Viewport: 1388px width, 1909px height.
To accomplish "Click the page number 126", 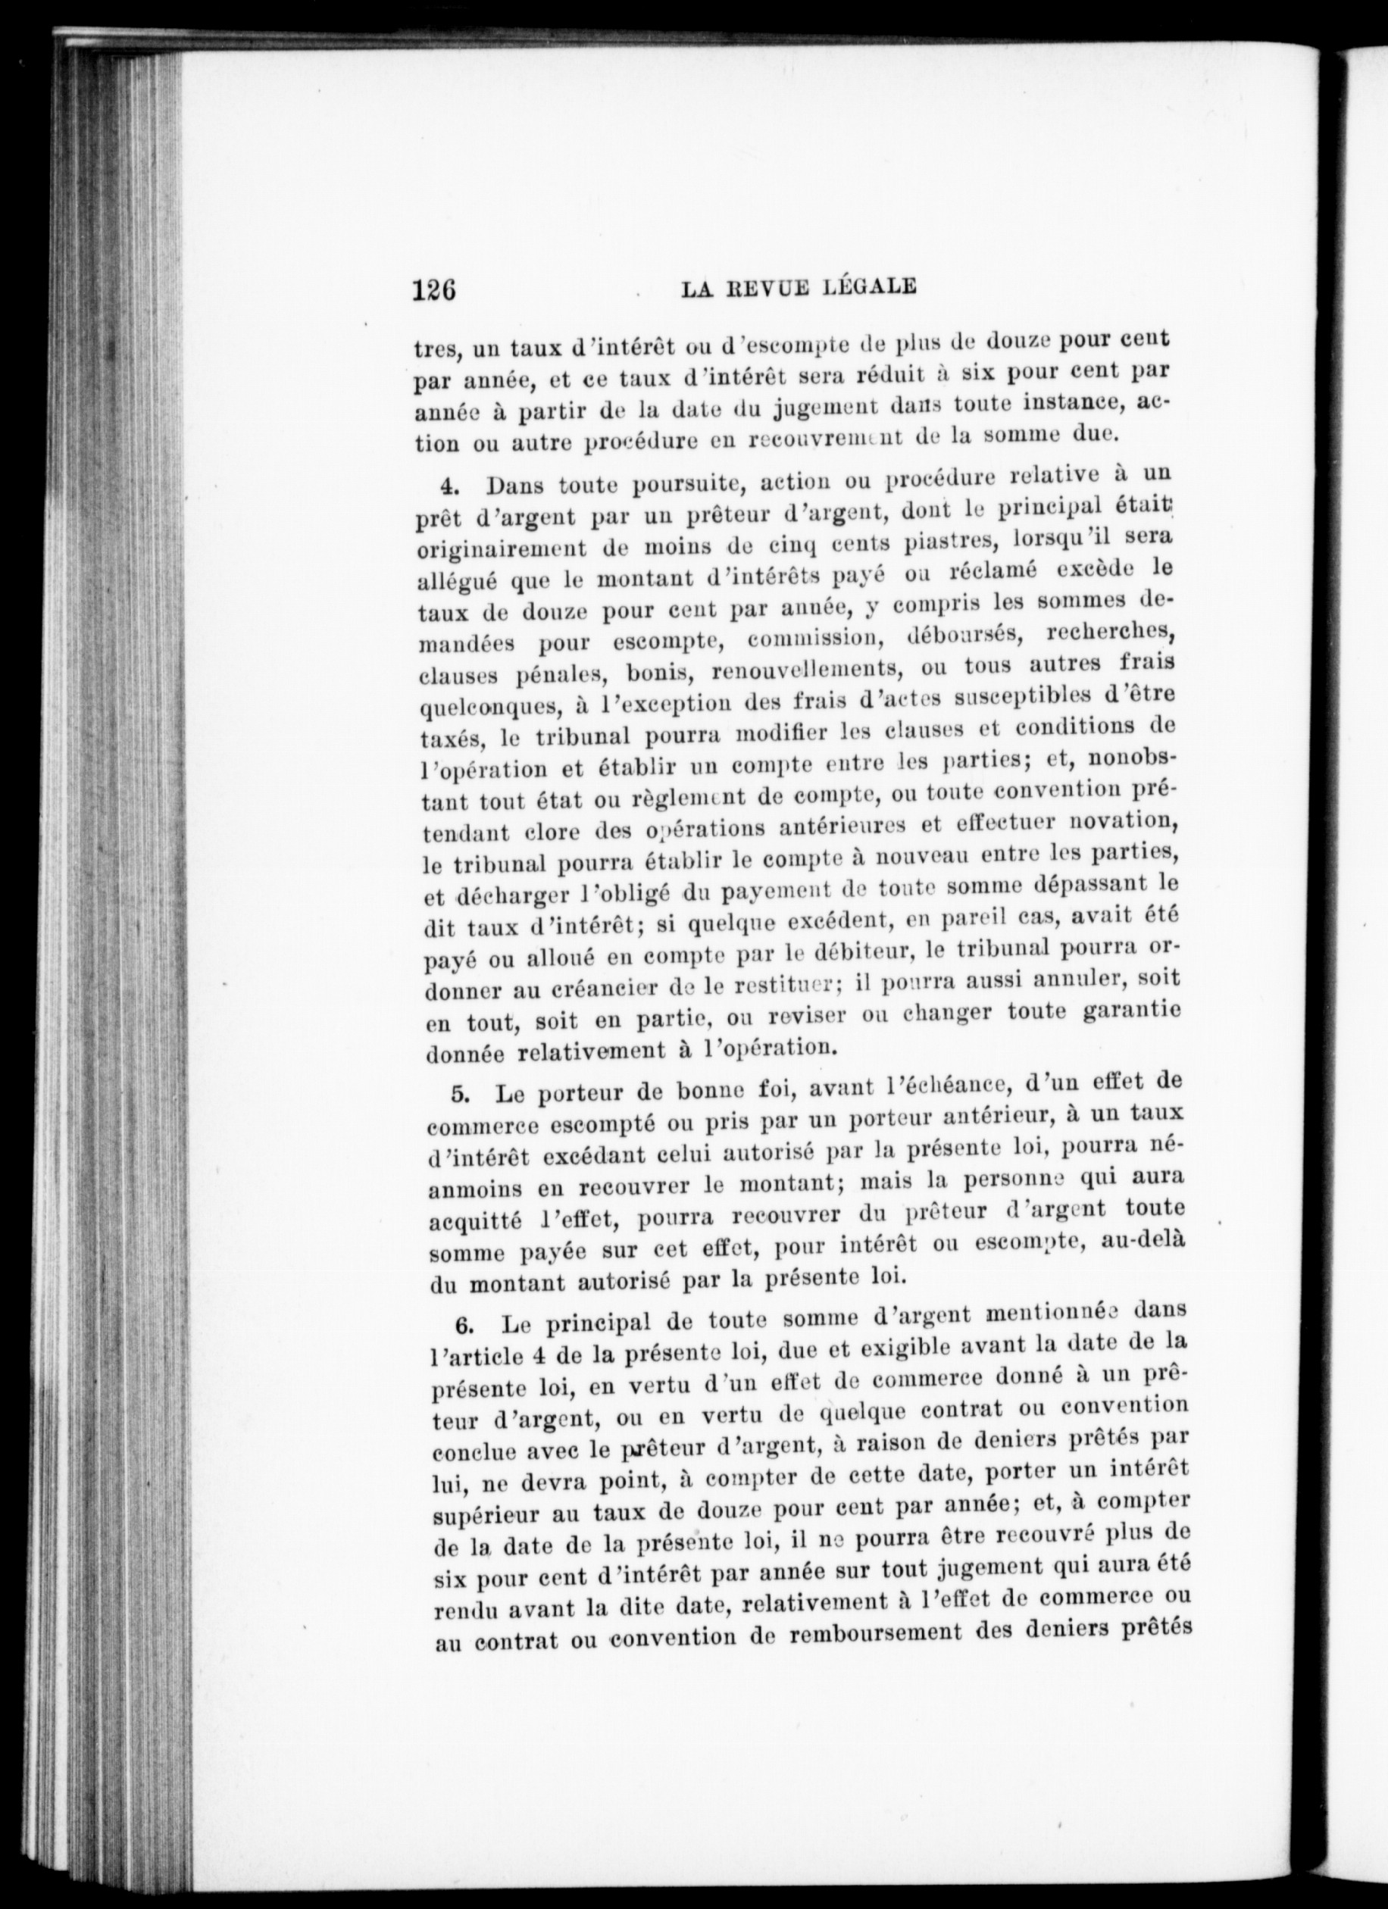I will pos(434,289).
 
